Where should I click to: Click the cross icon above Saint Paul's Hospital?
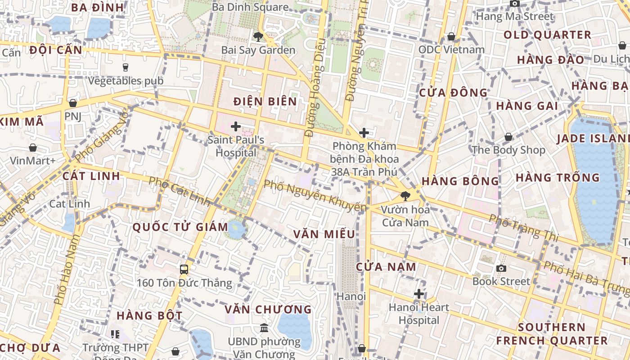click(x=235, y=126)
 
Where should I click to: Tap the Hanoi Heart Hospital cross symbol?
click(x=419, y=294)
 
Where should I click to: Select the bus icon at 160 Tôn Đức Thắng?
click(x=184, y=270)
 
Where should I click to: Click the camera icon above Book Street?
click(x=501, y=269)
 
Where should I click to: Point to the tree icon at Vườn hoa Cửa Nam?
click(x=405, y=196)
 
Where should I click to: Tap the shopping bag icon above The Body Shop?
click(x=508, y=137)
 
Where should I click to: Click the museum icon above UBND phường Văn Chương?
click(x=264, y=328)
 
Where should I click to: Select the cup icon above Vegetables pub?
click(x=126, y=67)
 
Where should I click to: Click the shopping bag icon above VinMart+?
click(x=33, y=148)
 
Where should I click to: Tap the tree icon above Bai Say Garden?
click(x=258, y=36)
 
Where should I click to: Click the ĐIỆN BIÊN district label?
click(x=265, y=101)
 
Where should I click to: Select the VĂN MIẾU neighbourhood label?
click(x=324, y=234)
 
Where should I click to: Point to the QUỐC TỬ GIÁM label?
click(x=180, y=227)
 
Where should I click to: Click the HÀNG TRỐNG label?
click(x=558, y=177)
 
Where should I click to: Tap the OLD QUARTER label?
click(x=547, y=35)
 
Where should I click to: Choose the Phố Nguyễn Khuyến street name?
click(x=315, y=196)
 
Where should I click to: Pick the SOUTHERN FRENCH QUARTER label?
click(x=552, y=333)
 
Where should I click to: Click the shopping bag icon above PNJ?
click(x=72, y=103)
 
